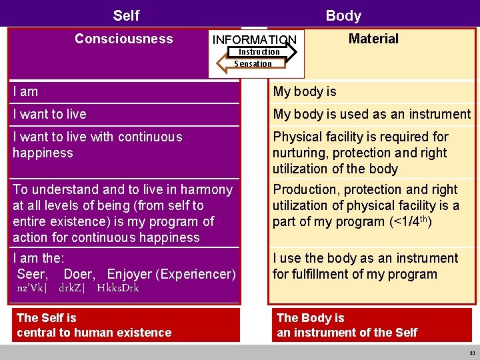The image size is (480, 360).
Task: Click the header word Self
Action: pos(126,15)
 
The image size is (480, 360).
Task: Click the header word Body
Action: pos(343,15)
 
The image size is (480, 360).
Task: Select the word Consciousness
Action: pos(123,39)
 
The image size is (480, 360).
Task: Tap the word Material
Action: pos(373,39)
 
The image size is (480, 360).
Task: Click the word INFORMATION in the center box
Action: pos(254,40)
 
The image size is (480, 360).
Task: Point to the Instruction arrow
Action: pos(262,52)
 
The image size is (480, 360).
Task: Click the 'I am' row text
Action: pos(25,91)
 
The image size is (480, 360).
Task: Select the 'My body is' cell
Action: pos(305,91)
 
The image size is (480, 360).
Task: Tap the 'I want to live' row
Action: pos(49,114)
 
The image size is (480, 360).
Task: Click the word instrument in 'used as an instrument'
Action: pos(437,114)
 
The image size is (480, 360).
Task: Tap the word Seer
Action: pos(32,274)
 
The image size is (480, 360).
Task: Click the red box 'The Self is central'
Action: pos(125,325)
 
